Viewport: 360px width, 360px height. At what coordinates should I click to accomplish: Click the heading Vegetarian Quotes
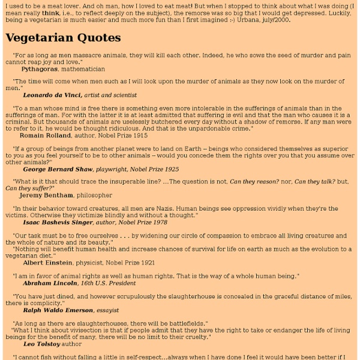pos(63,38)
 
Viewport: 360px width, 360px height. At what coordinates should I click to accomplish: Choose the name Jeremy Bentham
pos(46,195)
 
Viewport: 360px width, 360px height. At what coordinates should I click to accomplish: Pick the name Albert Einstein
pos(46,262)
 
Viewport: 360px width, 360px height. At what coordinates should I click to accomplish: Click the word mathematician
pos(88,69)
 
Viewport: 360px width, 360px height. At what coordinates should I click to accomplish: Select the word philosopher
pos(93,195)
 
